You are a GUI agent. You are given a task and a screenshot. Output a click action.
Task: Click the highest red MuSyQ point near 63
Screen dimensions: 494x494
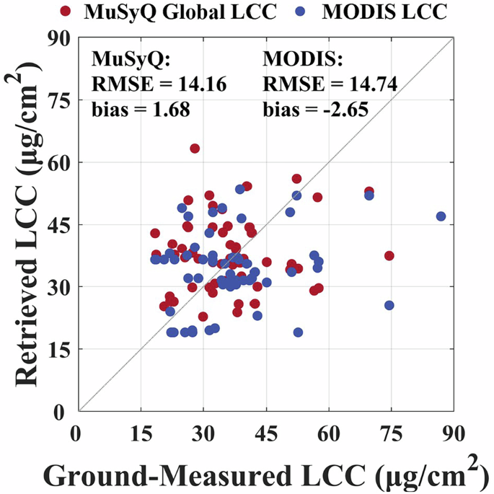coord(195,149)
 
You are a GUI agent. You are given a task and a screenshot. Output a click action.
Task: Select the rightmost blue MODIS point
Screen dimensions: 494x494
coord(441,216)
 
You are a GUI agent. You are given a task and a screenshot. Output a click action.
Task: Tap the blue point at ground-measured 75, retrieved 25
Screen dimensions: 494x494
coord(389,305)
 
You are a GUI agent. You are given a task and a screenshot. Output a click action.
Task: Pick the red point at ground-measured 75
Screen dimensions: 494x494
coord(389,256)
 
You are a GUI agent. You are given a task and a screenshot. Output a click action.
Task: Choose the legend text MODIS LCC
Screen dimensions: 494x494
coord(379,12)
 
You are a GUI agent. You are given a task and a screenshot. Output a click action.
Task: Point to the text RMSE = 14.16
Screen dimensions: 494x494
coord(159,85)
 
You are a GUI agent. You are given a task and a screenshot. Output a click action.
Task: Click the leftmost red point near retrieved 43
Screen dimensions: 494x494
coord(155,233)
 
